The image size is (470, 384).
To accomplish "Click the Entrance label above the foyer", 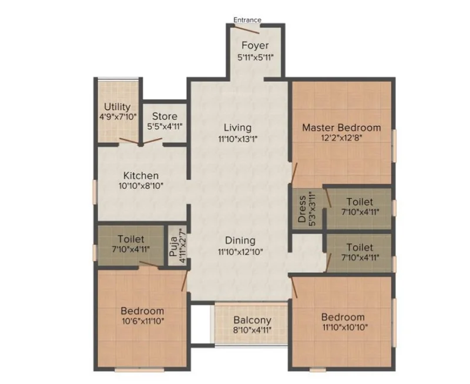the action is pos(247,20).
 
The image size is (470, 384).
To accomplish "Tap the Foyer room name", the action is pos(255,45).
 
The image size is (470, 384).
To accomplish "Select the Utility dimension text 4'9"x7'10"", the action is pos(118,116).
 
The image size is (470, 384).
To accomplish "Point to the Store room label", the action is pos(164,116).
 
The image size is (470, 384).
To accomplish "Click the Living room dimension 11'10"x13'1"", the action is pos(239,139).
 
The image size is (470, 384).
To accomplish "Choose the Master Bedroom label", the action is pos(341,128).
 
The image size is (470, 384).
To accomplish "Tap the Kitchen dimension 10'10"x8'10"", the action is pos(141,186).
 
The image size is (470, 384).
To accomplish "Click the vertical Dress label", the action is pos(302,209).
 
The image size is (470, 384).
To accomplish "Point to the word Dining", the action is pos(240,241).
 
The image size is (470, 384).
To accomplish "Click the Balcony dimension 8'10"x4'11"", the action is pos(253,330).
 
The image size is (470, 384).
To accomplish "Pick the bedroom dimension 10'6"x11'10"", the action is pos(143,321).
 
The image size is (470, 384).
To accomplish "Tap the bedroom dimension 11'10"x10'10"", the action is pos(345,327).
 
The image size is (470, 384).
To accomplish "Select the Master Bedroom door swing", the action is pos(294,173).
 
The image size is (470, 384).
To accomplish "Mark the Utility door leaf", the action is pos(129,141).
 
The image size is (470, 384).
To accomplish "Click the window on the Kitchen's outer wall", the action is pos(95,192).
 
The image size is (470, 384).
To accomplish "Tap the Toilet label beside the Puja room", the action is pos(131,239).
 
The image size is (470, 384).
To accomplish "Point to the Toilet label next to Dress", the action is pos(360,202).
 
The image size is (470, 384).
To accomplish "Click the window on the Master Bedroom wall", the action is pos(394,146).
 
